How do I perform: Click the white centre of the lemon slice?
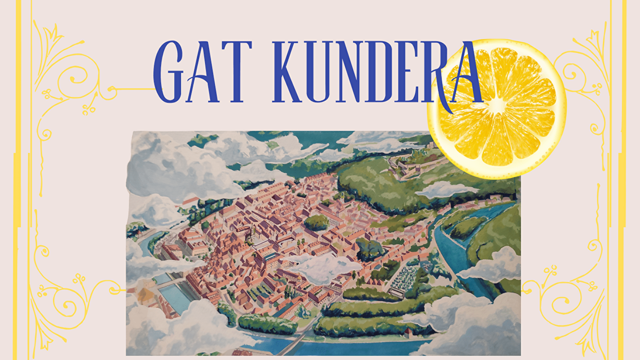497,105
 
